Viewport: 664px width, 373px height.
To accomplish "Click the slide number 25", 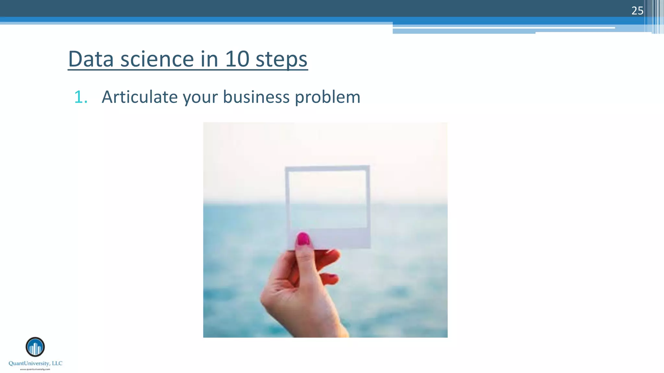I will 637,11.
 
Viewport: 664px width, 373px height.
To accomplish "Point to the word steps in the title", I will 281,60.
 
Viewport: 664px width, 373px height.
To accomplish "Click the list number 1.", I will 80,97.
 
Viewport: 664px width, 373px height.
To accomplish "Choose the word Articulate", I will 139,97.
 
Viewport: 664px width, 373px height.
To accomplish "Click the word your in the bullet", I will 200,97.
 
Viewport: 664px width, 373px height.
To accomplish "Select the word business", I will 256,97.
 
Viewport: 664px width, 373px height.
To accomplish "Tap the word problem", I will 327,97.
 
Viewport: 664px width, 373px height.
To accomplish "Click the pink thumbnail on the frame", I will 303,239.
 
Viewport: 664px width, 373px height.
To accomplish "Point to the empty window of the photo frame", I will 327,199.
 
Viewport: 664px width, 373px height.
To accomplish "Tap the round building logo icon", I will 35,347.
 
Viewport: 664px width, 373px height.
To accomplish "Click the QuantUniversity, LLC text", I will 35,363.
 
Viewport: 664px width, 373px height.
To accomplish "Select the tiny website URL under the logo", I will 35,369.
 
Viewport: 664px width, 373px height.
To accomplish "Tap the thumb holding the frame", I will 305,259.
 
